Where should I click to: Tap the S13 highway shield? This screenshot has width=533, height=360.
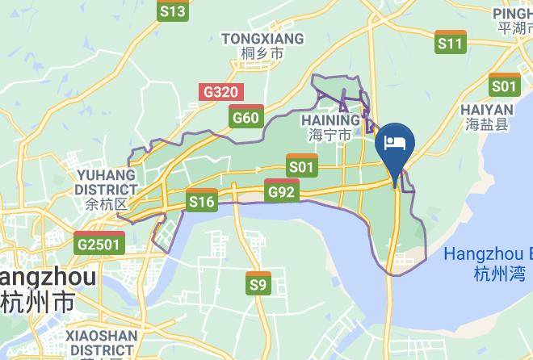pyautogui.click(x=173, y=10)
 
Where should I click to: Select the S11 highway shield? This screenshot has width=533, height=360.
pyautogui.click(x=451, y=43)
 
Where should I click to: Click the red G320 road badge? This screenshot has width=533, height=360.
pyautogui.click(x=220, y=91)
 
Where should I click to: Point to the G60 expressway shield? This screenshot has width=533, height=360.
pyautogui.click(x=246, y=118)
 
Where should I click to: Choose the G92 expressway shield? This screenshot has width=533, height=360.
pyautogui.click(x=282, y=190)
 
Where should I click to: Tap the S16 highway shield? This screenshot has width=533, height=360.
pyautogui.click(x=201, y=200)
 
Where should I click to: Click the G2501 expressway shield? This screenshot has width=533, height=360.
pyautogui.click(x=100, y=243)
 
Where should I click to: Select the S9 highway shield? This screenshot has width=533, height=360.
pyautogui.click(x=258, y=284)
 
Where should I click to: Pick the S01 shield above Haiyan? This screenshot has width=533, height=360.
pyautogui.click(x=505, y=85)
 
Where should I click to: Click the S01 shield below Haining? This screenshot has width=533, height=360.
pyautogui.click(x=302, y=166)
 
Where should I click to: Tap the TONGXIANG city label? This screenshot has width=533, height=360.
pyautogui.click(x=262, y=39)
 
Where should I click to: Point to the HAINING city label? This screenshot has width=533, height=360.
pyautogui.click(x=330, y=120)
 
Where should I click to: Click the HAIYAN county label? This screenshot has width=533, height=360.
pyautogui.click(x=486, y=110)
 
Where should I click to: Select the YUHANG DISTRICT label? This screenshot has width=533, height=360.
pyautogui.click(x=106, y=182)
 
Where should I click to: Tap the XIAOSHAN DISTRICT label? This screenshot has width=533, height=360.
pyautogui.click(x=102, y=342)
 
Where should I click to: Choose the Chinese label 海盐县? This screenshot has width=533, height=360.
pyautogui.click(x=487, y=124)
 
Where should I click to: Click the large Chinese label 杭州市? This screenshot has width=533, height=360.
pyautogui.click(x=38, y=303)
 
